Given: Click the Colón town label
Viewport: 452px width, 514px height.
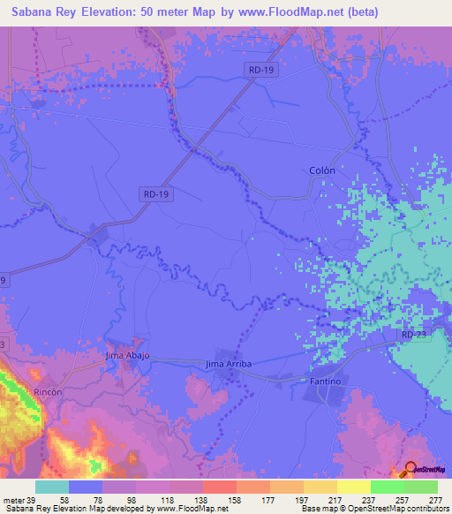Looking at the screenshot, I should click(347, 170).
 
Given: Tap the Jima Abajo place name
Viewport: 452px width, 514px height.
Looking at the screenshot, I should click(128, 355).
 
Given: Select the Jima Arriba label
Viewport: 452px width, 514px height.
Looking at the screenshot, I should click(229, 364).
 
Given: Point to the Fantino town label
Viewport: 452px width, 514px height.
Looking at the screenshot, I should click(326, 381).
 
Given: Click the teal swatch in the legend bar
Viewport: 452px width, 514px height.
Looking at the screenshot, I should click(52, 487).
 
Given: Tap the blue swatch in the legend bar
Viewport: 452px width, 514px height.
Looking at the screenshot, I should click(86, 487).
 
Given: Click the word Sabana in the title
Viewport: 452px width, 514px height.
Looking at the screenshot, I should click(33, 12).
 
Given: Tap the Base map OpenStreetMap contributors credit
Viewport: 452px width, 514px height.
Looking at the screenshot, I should click(374, 509).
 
